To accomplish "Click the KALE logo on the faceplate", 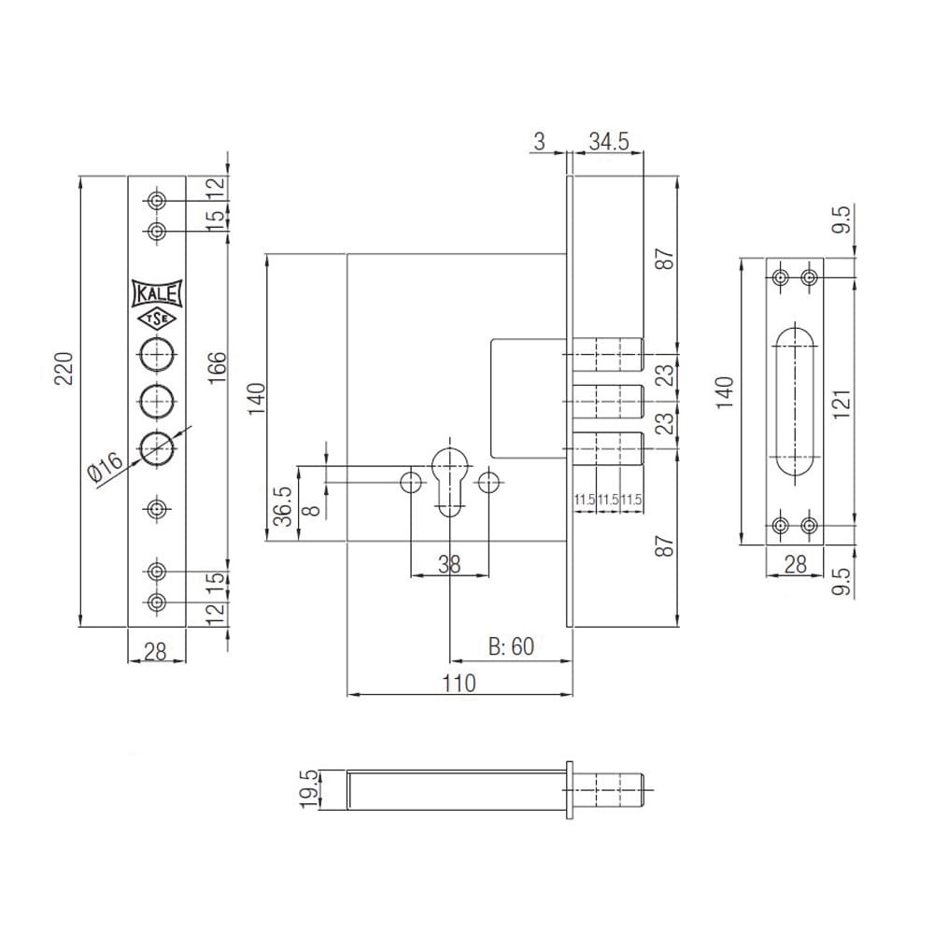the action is click(157, 294).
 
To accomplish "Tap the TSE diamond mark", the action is click(157, 319).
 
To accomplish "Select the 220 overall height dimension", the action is click(64, 369).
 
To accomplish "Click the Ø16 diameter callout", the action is click(105, 468).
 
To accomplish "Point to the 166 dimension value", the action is click(218, 367).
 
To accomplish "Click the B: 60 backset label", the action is click(511, 646).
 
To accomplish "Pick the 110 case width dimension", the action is click(460, 684).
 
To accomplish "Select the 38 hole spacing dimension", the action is click(449, 564).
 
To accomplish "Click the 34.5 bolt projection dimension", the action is click(609, 142).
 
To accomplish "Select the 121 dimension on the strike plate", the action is click(842, 404).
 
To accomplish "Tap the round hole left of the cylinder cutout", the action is click(411, 482).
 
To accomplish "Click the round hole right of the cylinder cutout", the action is click(488, 482).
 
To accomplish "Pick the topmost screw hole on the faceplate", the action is click(157, 201).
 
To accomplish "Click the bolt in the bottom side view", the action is click(608, 790).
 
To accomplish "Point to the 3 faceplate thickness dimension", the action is click(539, 142).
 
